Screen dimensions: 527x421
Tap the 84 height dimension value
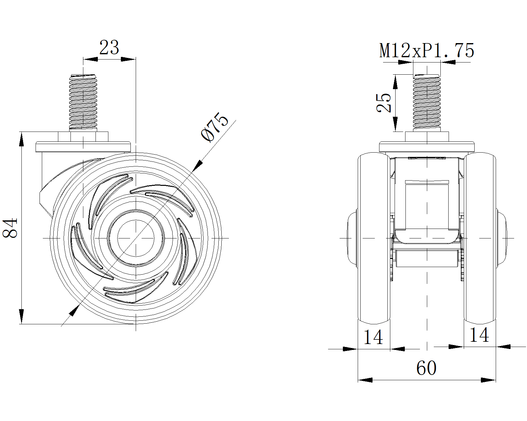click(10, 228)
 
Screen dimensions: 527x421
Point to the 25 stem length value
click(384, 103)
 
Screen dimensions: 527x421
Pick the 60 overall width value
click(426, 368)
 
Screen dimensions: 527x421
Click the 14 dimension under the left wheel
click(373, 337)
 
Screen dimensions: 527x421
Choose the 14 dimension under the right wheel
click(479, 335)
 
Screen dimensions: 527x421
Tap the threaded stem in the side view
click(83, 103)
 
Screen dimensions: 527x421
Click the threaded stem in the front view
click(427, 103)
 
